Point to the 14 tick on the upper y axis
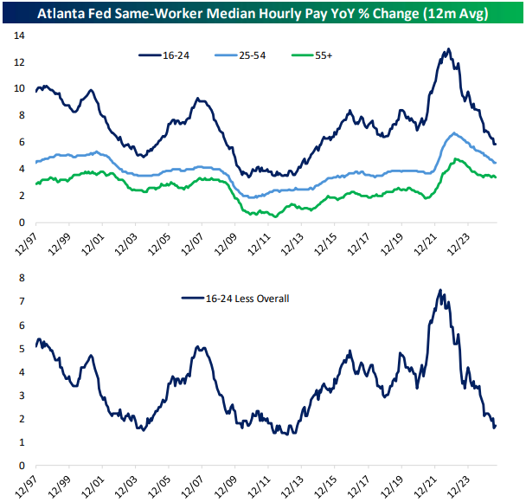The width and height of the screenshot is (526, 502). coord(18,35)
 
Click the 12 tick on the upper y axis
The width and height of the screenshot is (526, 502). coord(18,62)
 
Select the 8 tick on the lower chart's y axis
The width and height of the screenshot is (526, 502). coord(22,279)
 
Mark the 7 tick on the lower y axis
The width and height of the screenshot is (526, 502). coord(22,302)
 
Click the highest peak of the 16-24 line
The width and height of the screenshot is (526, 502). coord(446,49)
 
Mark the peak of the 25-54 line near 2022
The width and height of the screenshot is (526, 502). coord(454,133)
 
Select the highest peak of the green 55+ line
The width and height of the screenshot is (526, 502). coord(457,158)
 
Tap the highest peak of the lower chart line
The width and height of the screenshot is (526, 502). coord(441,290)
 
